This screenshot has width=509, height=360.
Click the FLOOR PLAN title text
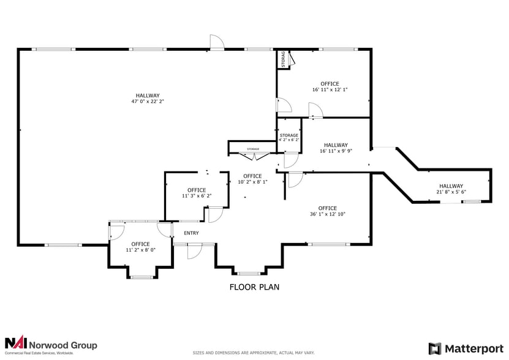[254, 287]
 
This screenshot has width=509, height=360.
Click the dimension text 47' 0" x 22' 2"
[148, 102]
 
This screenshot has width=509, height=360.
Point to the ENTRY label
[191, 233]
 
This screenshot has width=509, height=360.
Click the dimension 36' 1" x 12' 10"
[327, 214]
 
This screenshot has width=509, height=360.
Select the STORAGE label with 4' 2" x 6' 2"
[288, 135]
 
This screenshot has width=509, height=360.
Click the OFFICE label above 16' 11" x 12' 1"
[330, 83]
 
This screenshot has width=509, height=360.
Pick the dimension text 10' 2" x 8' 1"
[252, 182]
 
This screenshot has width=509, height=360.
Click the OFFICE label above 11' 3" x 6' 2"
[197, 190]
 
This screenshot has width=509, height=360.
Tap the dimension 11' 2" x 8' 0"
[140, 250]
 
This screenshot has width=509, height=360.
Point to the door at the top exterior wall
[217, 42]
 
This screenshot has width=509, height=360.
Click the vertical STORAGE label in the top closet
[282, 59]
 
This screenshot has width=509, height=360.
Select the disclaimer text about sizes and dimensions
[254, 353]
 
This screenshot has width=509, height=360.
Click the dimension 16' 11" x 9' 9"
[336, 151]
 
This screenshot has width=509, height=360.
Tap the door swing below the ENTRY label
[194, 250]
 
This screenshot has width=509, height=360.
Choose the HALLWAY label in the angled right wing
[450, 186]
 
